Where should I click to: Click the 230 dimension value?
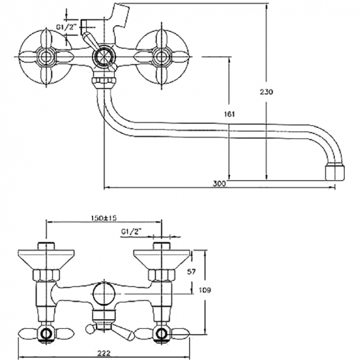(266, 92)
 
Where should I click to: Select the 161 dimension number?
(229, 114)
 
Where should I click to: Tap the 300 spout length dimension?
(219, 183)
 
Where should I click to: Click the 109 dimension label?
(204, 290)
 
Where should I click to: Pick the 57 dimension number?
(191, 272)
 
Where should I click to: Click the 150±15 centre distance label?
(103, 218)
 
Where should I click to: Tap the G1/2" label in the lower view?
(131, 231)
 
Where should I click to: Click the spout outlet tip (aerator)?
(335, 172)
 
